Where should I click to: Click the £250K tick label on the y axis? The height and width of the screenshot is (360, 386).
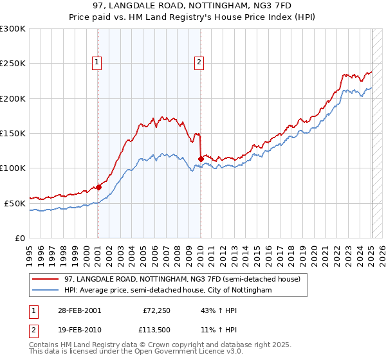coord(12,64)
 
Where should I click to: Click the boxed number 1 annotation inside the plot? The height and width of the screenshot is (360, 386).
coord(96,62)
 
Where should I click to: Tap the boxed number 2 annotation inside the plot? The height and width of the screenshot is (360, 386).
coord(199,62)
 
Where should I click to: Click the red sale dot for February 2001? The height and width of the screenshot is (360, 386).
coord(98,187)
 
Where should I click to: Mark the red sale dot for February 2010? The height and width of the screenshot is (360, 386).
coord(201,158)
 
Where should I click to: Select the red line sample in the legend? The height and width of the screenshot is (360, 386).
coord(46,279)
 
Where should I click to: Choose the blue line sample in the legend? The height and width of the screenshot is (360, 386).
coord(46,291)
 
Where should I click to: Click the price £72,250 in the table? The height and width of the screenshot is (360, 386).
coord(155,310)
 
